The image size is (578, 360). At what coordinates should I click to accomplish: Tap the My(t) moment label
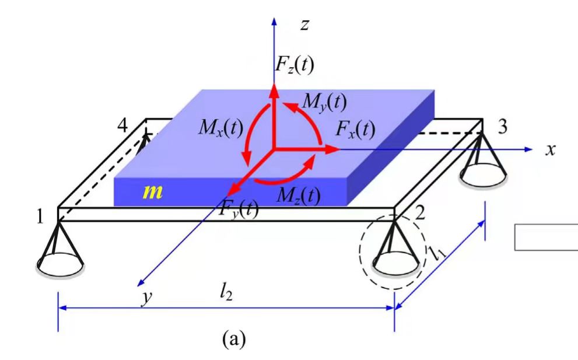coord(324,102)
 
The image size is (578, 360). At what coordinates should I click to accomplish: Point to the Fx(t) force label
coord(355,130)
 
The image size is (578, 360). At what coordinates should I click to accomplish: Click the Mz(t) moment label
coord(299,195)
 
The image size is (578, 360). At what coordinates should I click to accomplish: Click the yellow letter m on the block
coord(153,191)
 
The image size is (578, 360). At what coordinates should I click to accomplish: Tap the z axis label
coord(304,25)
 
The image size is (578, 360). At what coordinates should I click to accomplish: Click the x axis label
coord(551,150)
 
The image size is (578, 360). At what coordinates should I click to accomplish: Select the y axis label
coord(147,298)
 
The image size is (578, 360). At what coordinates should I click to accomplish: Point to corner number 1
coord(40,217)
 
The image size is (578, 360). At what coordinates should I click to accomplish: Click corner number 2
coord(420,214)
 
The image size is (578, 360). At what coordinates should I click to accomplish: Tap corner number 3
coord(502,127)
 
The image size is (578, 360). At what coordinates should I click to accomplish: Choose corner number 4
coord(122,126)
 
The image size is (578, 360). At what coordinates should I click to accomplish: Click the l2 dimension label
coord(226,293)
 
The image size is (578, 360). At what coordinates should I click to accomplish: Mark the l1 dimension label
coord(437,253)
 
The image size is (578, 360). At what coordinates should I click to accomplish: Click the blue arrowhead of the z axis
coord(274,22)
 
